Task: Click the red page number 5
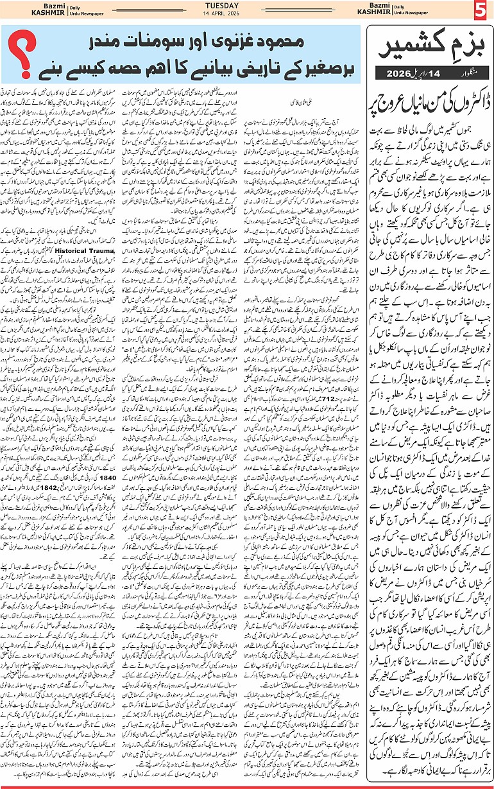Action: click(x=481, y=12)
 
